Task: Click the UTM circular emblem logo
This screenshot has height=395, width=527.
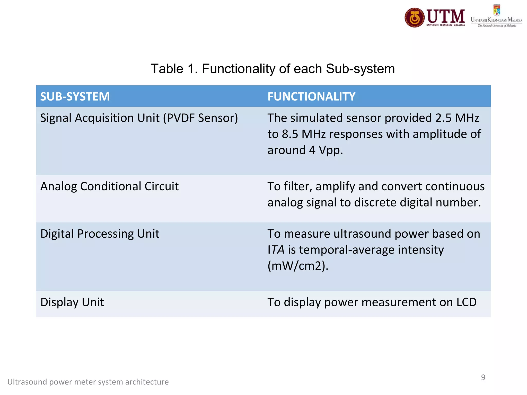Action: click(x=415, y=17)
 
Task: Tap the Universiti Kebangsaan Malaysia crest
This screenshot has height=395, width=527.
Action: click(x=497, y=10)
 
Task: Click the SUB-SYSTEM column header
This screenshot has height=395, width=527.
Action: click(x=75, y=96)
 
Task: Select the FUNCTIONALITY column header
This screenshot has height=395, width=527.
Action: click(x=311, y=96)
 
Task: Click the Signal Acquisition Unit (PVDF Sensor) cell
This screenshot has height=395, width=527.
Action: click(x=139, y=118)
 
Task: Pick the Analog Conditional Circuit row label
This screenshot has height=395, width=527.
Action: click(x=109, y=186)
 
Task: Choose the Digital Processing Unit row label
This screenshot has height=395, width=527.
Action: click(x=100, y=234)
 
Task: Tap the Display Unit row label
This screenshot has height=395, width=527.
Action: click(x=72, y=302)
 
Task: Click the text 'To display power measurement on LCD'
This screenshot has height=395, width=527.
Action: click(x=372, y=302)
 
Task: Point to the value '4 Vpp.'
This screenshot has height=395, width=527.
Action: click(x=326, y=150)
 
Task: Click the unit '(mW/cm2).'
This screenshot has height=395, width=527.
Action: click(x=298, y=266)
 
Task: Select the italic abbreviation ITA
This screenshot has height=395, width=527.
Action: click(x=276, y=250)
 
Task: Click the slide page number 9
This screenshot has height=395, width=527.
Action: click(x=483, y=377)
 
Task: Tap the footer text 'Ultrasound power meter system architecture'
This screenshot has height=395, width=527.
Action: click(x=88, y=382)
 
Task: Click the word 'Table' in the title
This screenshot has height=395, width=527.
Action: click(x=167, y=69)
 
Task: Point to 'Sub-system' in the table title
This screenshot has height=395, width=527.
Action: click(x=360, y=69)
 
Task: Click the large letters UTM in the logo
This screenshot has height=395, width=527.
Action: click(x=446, y=16)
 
